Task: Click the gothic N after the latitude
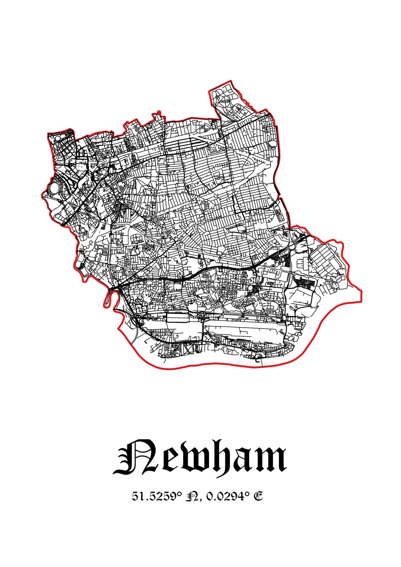(194, 496)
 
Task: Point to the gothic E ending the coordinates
(258, 496)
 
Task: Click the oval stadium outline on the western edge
(54, 188)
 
